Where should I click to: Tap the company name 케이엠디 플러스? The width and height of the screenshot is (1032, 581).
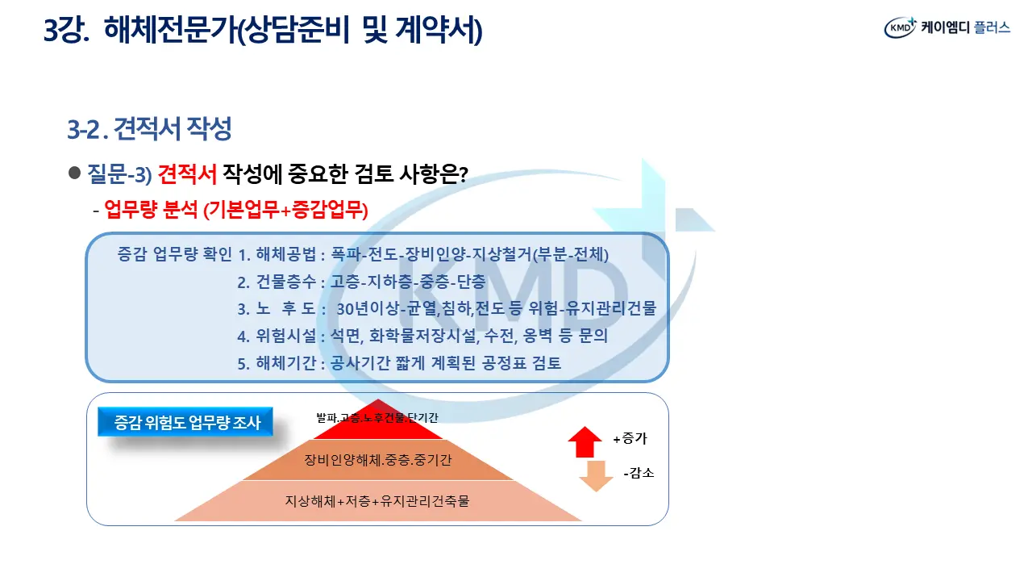tap(966, 27)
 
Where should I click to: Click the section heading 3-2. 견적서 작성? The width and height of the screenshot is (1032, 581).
tap(149, 128)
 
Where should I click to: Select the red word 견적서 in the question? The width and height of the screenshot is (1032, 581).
tap(187, 173)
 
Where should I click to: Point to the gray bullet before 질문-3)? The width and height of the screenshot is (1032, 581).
tap(75, 173)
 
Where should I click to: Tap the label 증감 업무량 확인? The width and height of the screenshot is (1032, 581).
tap(174, 254)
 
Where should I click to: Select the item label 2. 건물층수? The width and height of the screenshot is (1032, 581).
tap(277, 282)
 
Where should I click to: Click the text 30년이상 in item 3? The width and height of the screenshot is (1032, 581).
tap(368, 308)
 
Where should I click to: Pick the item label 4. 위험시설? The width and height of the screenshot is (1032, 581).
tap(277, 336)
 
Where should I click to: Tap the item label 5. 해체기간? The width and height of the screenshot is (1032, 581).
tap(277, 363)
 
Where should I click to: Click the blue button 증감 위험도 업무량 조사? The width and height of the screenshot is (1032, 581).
tap(185, 422)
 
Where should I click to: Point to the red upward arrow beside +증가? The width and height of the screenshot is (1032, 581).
tap(585, 441)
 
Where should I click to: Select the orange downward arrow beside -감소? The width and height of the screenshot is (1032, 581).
tap(596, 476)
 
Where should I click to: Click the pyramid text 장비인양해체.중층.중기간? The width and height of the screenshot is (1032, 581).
tap(378, 460)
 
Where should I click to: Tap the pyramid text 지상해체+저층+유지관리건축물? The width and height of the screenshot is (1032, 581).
tap(377, 501)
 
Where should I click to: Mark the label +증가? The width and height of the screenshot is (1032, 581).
tap(630, 438)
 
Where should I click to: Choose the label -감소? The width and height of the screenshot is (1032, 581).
tap(639, 473)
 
